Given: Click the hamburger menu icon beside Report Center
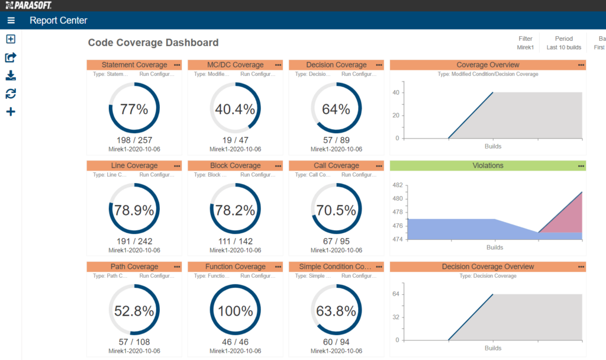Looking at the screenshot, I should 11,21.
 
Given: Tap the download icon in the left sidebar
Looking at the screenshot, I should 11,76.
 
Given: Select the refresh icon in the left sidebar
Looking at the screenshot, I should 11,94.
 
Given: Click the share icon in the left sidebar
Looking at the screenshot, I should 11,57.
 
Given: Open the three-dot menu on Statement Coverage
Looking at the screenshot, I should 177,65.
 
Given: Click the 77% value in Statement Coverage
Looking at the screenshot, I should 134,109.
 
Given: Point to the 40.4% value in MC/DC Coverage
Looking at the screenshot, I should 235,109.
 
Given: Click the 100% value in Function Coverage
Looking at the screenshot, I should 235,311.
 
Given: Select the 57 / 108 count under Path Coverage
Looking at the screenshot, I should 134,342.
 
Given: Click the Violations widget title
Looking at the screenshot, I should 488,166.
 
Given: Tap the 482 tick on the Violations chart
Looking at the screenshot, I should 398,185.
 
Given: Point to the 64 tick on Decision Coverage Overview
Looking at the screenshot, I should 399,294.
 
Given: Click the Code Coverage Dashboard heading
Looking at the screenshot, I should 153,43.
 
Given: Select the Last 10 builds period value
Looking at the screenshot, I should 563,47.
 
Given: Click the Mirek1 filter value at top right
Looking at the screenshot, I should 525,47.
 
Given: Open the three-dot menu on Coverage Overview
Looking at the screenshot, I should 581,65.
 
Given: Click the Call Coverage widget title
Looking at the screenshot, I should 335,166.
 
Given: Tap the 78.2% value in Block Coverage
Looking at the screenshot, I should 235,210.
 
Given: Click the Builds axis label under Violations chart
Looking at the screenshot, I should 495,247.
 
